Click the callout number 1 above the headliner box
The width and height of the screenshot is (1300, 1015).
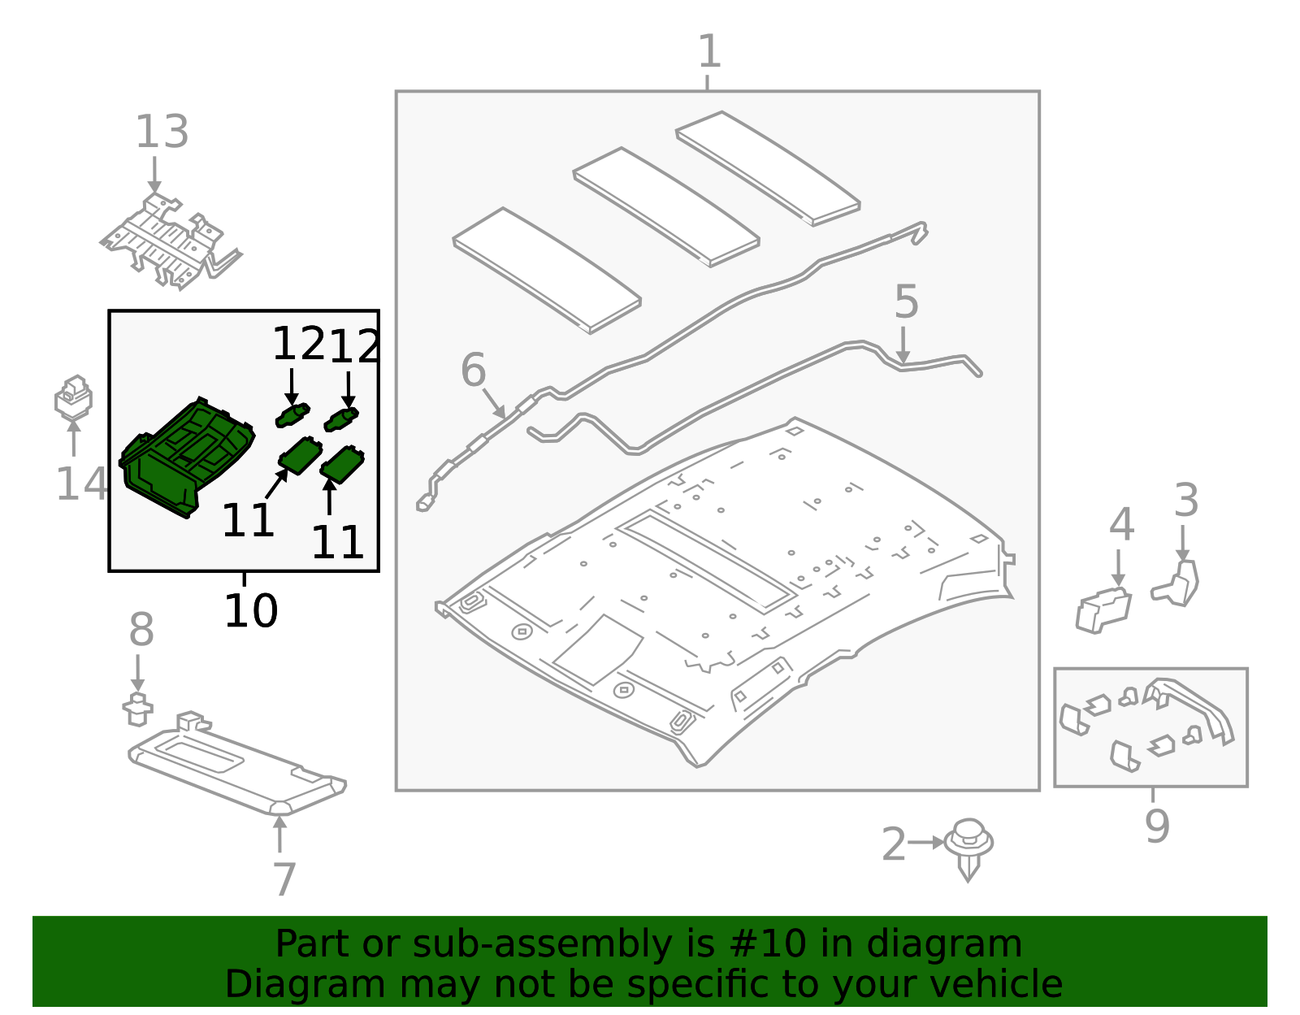pos(709,52)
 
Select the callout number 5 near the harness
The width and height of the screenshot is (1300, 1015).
pos(906,302)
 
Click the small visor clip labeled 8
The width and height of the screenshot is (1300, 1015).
pos(137,709)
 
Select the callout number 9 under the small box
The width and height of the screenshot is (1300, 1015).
pos(1157,826)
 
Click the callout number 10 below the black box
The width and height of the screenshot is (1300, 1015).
pos(251,611)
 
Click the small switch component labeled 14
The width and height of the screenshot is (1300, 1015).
pos(73,398)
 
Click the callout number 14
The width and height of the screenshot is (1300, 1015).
pos(80,484)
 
